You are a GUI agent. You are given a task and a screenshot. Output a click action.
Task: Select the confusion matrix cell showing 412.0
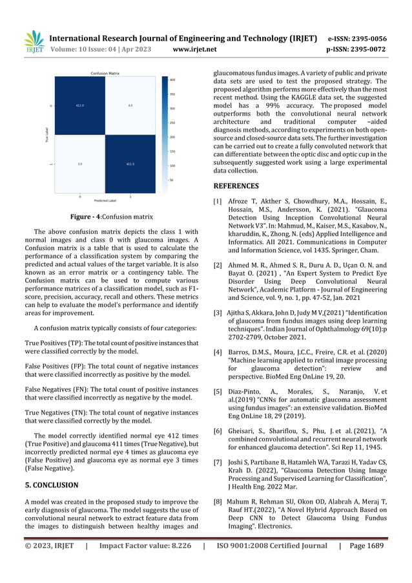pos(80,105)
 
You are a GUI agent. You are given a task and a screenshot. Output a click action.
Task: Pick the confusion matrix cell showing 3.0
pos(80,164)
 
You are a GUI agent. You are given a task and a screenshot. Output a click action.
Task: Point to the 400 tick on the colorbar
pos(172,80)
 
